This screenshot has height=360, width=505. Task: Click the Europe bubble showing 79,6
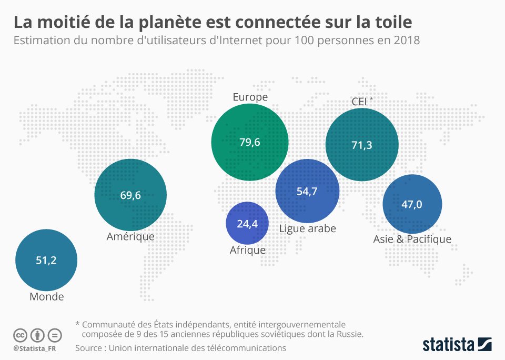250,142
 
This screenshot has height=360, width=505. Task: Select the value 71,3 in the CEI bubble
362,145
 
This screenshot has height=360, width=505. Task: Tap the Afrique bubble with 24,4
247,224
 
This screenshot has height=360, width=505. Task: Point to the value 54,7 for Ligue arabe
307,191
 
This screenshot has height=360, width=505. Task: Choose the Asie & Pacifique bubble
412,204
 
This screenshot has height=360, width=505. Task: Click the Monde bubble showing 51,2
46,259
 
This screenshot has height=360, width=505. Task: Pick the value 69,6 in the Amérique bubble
130,195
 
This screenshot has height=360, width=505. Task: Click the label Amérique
130,236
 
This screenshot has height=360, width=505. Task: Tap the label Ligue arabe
307,228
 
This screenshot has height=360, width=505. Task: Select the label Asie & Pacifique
412,239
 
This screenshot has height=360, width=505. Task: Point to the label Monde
46,296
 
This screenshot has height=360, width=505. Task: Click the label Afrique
247,250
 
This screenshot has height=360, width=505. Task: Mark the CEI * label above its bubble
362,102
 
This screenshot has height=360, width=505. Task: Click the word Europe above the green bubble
250,97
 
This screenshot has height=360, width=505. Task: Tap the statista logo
457,345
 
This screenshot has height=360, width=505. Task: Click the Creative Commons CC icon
20,335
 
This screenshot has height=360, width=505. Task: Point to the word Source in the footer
90,348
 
